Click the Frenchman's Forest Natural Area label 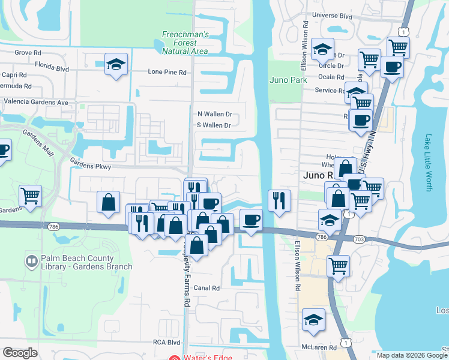[x=185, y=43]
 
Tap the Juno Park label [x=289, y=79]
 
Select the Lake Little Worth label [x=429, y=162]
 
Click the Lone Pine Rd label [x=167, y=72]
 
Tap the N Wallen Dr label [x=214, y=114]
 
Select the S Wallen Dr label [x=214, y=125]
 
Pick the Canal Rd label [x=207, y=288]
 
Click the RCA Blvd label [x=166, y=343]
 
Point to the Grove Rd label [x=28, y=53]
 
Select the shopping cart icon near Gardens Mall [x=30, y=195]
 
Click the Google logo [x=20, y=353]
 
